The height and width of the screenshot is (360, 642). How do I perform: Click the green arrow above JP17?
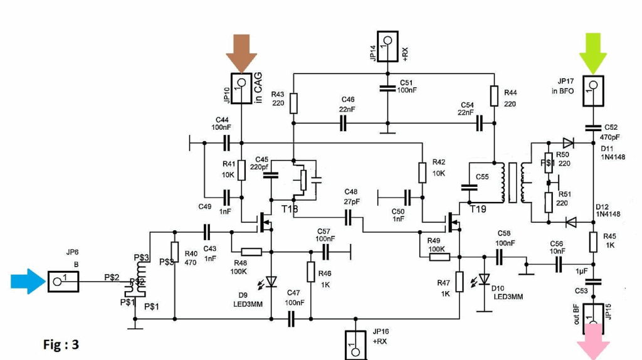pyautogui.click(x=592, y=52)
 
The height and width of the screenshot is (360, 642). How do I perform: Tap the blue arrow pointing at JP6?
pyautogui.click(x=26, y=281)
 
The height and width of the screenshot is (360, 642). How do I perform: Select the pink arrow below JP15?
pyautogui.click(x=592, y=346)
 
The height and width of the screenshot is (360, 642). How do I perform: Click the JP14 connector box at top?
pyautogui.click(x=387, y=47)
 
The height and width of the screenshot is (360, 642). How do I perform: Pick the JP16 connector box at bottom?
pyautogui.click(x=355, y=346)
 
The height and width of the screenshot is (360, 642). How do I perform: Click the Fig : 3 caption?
pyautogui.click(x=61, y=344)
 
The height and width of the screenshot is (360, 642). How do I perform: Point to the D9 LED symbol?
pyautogui.click(x=271, y=282)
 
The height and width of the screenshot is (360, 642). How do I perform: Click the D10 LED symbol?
pyautogui.click(x=484, y=280)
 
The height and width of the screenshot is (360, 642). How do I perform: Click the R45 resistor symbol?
pyautogui.click(x=592, y=241)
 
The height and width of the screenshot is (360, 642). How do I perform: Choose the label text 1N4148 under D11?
pyautogui.click(x=609, y=157)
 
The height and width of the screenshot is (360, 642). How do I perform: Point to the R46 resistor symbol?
pyautogui.click(x=310, y=272)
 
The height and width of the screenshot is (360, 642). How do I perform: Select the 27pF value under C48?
pyautogui.click(x=351, y=203)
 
